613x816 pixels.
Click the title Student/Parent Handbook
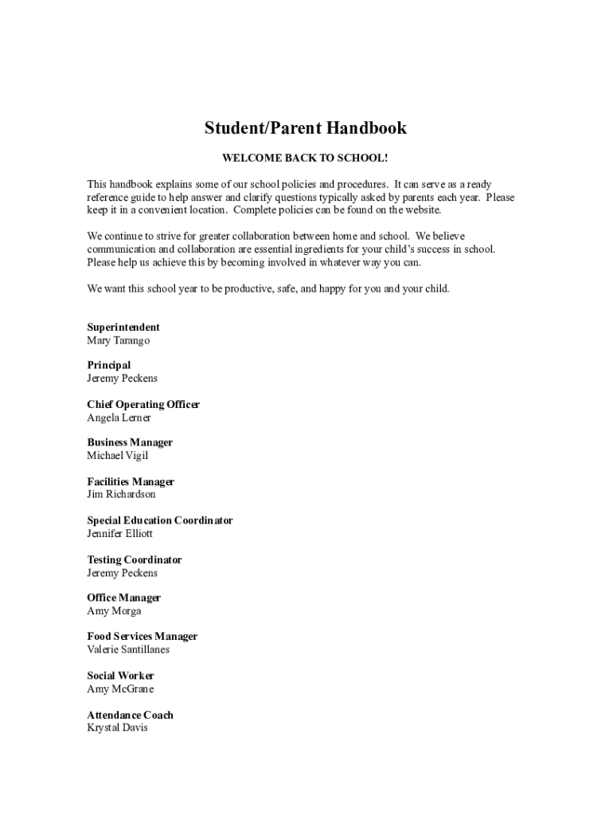306,128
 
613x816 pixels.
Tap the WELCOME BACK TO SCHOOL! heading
306,159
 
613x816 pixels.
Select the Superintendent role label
123,328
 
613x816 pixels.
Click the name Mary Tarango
118,340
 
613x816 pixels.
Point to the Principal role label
109,366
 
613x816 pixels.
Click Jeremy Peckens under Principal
122,379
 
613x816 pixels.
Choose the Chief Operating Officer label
143,405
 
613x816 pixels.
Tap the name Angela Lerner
119,418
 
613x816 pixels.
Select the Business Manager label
130,443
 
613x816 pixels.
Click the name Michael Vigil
118,456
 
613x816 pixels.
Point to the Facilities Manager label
131,482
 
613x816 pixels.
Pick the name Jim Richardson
121,495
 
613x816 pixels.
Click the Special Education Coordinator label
160,520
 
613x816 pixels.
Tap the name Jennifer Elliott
119,533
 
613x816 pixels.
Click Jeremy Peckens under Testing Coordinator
122,573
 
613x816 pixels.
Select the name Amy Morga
114,611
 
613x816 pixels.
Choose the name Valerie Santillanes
128,649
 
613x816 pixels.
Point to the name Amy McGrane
120,688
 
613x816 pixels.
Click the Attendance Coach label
130,715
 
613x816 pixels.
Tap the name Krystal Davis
117,728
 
